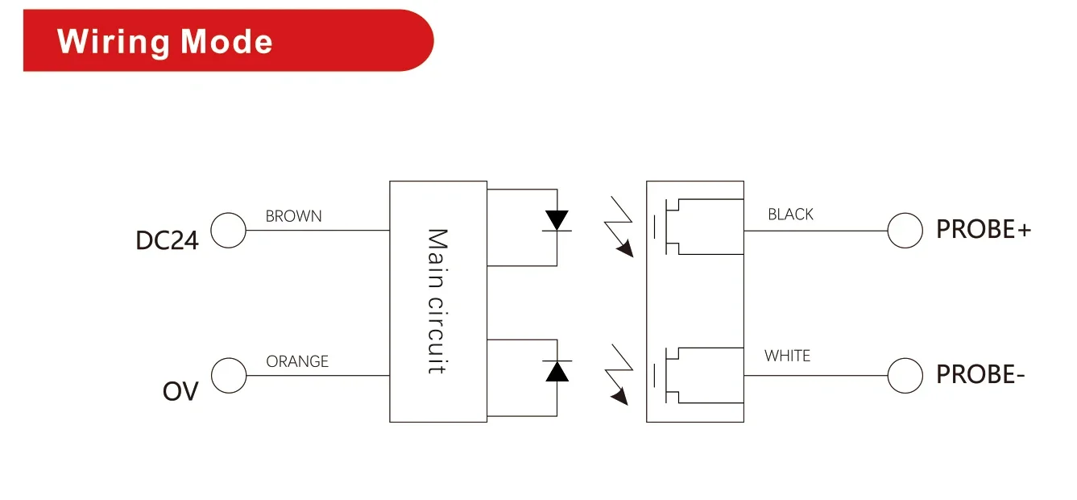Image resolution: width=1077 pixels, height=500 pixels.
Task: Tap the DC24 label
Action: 167,240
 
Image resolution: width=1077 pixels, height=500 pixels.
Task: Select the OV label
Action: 180,392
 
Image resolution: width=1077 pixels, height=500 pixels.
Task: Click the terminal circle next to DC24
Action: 229,231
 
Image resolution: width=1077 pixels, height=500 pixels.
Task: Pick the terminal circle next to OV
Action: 229,376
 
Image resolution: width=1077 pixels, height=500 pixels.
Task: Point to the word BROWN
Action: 293,216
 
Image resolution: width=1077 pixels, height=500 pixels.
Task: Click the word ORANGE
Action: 297,361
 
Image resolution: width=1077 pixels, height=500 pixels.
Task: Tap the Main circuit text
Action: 437,301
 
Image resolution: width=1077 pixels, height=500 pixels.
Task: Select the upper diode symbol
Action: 557,221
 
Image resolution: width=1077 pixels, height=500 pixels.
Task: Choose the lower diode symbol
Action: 557,370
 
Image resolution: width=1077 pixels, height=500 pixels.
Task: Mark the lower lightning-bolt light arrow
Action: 618,373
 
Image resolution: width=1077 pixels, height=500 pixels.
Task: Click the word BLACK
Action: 790,215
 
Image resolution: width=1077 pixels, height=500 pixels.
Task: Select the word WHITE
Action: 787,356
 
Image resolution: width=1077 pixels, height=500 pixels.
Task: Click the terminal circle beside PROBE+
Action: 905,231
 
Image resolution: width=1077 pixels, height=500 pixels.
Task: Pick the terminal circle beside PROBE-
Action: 905,376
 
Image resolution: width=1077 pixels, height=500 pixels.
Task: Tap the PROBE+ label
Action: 983,230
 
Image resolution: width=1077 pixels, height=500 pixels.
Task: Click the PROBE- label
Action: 980,375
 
